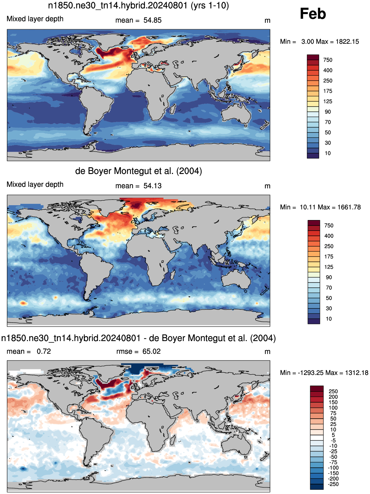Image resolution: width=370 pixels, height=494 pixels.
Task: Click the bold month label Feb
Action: click(313, 13)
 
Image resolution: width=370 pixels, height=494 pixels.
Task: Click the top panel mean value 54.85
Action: click(152, 20)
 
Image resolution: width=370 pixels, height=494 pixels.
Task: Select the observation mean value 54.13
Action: click(152, 186)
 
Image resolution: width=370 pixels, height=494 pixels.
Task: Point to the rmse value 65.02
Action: click(151, 352)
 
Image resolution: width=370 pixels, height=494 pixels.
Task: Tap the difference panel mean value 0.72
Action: click(44, 352)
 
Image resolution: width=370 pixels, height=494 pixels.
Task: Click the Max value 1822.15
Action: click(347, 42)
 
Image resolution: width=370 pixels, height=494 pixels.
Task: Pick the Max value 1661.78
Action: click(349, 207)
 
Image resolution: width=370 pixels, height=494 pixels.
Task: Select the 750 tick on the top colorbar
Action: click(328, 60)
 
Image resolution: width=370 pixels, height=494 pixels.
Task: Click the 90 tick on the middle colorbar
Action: click(329, 278)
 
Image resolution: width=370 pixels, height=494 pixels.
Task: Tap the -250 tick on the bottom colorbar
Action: click(333, 484)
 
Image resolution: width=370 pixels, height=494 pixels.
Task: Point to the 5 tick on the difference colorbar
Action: click(333, 435)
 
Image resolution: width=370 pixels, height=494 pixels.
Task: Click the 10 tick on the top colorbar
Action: click(328, 153)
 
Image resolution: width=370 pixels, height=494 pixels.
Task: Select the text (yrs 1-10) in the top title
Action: click(210, 5)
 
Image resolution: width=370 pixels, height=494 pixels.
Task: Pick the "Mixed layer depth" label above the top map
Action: click(35, 19)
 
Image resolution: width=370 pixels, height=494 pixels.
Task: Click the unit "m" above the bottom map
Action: click(267, 352)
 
